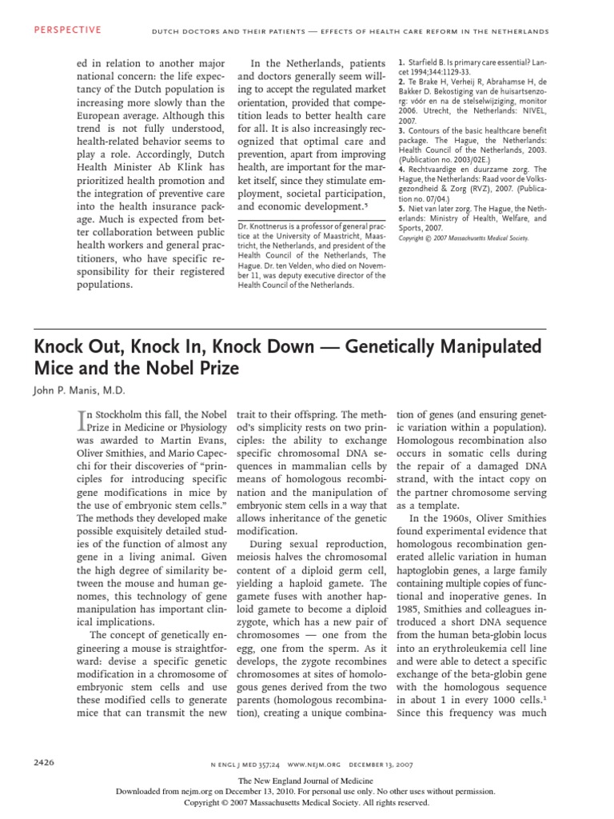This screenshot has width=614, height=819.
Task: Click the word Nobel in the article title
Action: [x=197, y=370]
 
